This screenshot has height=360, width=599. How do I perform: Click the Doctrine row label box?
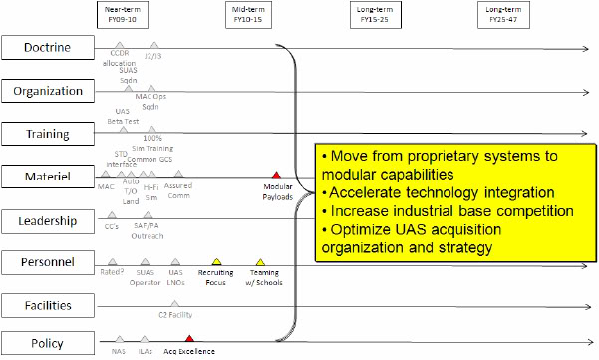47,47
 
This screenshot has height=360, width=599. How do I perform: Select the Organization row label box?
47,91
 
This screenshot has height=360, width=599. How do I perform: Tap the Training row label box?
47,134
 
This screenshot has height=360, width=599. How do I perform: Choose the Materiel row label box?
47,177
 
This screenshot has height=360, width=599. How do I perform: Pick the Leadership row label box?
47,219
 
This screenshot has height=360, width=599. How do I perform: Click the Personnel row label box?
47,262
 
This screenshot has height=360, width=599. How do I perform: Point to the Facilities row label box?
47,304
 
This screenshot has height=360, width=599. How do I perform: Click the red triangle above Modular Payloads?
276,175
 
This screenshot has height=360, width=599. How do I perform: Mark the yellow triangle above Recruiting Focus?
215,261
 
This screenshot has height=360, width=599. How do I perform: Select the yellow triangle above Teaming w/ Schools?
260,261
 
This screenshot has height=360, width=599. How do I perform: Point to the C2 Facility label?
176,314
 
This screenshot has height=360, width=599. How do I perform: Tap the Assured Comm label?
179,190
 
